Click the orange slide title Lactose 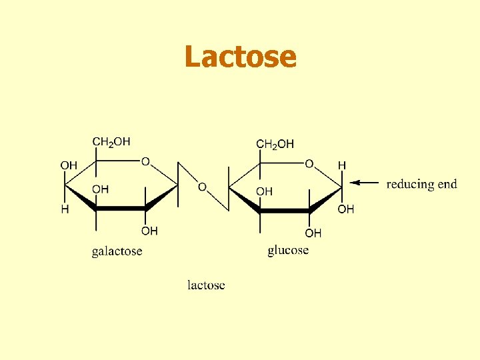(240, 57)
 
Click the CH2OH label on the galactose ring (111, 141)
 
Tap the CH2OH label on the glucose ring (275, 144)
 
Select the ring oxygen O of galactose (145, 161)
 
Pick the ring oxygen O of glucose (309, 163)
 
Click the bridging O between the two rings (202, 187)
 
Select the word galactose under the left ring (117, 251)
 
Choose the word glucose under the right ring (288, 250)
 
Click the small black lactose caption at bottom (206, 285)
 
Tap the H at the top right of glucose (342, 165)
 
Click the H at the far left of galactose (65, 209)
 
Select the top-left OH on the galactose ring (69, 165)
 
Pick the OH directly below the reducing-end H (346, 209)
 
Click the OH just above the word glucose (313, 233)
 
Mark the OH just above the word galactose (149, 231)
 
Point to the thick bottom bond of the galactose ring (121, 209)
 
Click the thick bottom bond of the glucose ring (284, 211)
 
